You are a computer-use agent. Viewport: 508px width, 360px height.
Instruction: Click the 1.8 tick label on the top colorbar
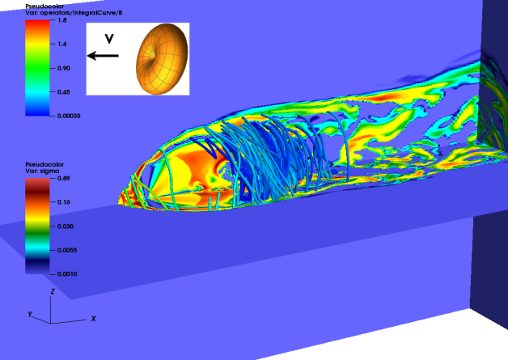(x=61, y=20)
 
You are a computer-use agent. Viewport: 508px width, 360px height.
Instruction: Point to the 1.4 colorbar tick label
(x=61, y=44)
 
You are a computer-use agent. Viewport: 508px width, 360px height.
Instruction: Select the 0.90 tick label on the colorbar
(x=63, y=68)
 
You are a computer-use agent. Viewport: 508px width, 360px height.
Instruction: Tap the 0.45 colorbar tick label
(x=63, y=92)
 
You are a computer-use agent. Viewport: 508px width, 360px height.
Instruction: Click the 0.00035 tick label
(x=69, y=116)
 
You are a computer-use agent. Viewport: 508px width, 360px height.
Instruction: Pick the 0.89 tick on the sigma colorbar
(x=63, y=178)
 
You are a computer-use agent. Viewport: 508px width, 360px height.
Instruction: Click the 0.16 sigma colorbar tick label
(x=63, y=202)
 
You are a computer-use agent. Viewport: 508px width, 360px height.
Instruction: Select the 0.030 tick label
(x=66, y=227)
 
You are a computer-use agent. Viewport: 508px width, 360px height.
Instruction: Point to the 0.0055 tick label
(x=67, y=250)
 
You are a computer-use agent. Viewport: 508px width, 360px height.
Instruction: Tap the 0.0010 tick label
(x=67, y=274)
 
